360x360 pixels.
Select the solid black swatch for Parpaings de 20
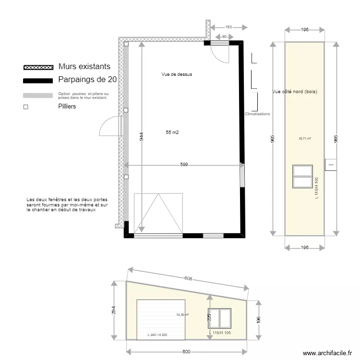pos(38,80)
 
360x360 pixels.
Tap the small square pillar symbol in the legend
pos(26,107)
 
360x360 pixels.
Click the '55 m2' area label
pos(172,132)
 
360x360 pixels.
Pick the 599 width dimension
pos(184,165)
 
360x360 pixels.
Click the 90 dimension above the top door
pos(224,36)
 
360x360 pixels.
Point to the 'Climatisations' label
pos(257,114)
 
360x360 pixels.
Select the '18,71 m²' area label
pos(304,139)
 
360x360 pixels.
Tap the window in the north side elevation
pos(303,176)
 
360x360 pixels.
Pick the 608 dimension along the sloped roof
pos(188,278)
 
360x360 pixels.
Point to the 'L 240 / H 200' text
pos(157,335)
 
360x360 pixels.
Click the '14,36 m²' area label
pos(182,315)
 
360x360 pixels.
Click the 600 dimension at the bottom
pos(185,352)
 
